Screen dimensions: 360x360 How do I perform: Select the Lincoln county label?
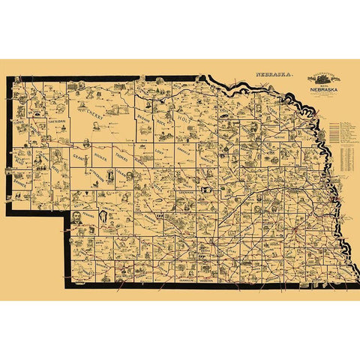tap(115, 203)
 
